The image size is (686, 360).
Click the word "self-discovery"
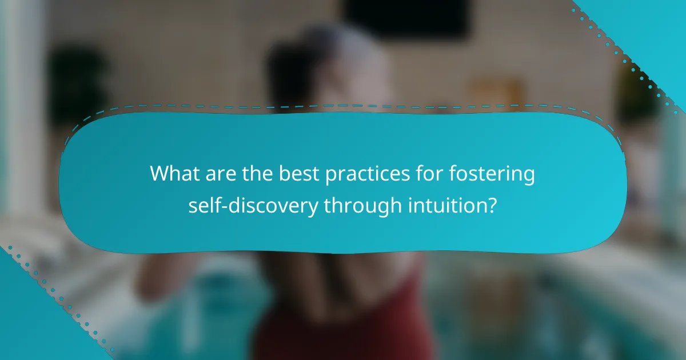pos(253,205)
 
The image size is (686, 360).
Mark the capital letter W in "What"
pos(161,174)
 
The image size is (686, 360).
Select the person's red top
pos(343,320)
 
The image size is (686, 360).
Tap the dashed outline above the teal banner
pos(343,106)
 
